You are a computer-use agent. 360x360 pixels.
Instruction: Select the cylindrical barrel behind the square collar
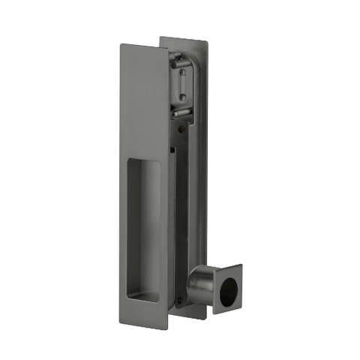click(x=201, y=284)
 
